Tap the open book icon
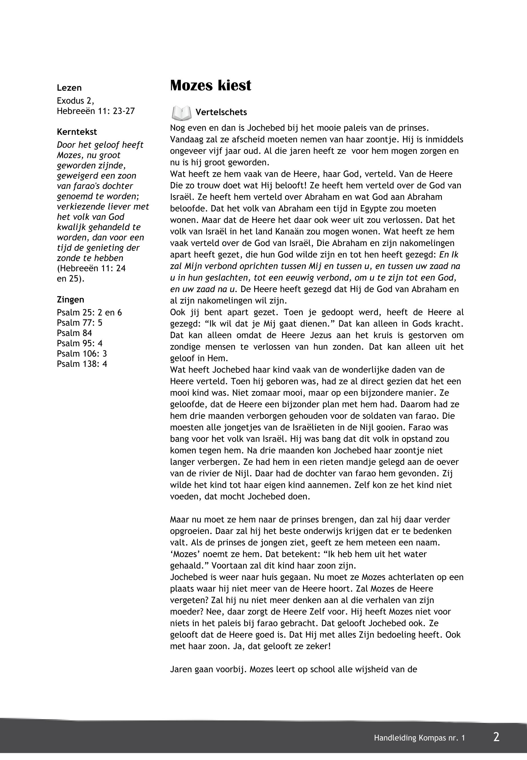pyautogui.click(x=181, y=113)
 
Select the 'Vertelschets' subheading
pyautogui.click(x=221, y=112)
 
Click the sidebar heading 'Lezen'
pyautogui.click(x=69, y=88)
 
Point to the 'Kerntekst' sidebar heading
pyautogui.click(x=77, y=132)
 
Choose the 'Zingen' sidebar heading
pyautogui.click(x=70, y=300)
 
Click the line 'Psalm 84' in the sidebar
pyautogui.click(x=74, y=333)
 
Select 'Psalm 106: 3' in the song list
pyautogui.click(x=82, y=354)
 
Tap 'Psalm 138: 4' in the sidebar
pyautogui.click(x=82, y=364)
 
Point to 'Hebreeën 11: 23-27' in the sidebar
pyautogui.click(x=96, y=111)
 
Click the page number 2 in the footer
pyautogui.click(x=496, y=737)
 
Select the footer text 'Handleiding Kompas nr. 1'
pyautogui.click(x=419, y=738)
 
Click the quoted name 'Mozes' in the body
pyautogui.click(x=185, y=554)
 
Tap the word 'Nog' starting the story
pyautogui.click(x=178, y=128)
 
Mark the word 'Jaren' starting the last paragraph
pyautogui.click(x=181, y=669)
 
